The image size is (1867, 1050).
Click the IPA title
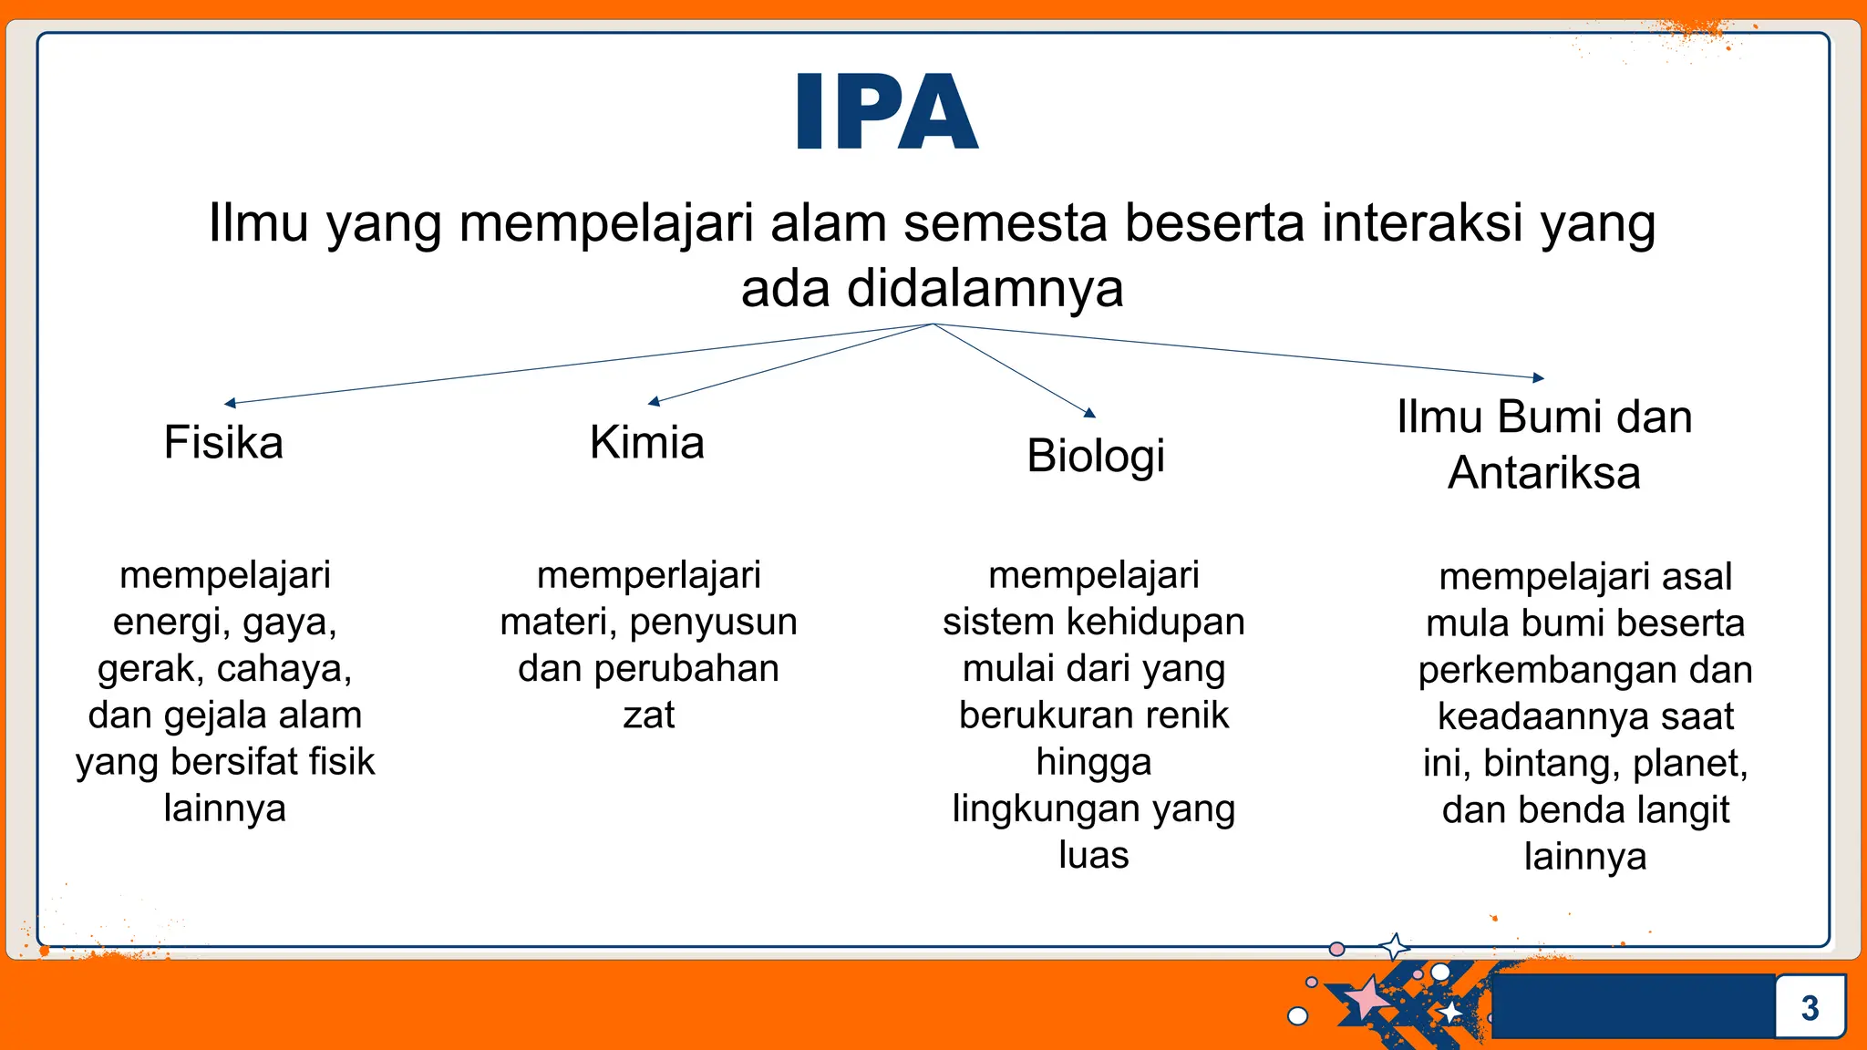887,113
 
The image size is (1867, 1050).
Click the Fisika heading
223,443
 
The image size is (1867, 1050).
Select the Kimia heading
647,443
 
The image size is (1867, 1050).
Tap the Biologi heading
1096,456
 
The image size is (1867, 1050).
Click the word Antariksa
1544,473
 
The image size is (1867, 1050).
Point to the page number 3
1810,1008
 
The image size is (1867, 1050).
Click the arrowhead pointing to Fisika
230,403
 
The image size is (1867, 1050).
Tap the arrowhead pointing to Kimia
653,401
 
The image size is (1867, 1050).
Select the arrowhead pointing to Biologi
1089,413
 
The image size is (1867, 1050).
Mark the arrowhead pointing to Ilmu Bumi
1539,377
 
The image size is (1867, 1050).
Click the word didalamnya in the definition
985,289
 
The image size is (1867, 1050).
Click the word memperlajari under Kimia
648,575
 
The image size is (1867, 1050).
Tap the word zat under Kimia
648,715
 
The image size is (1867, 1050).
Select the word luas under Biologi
1093,856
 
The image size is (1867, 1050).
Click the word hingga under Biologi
1093,763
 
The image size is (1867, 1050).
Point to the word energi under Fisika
161,623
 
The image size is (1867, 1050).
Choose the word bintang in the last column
1550,764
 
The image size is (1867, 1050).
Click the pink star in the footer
1367,999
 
